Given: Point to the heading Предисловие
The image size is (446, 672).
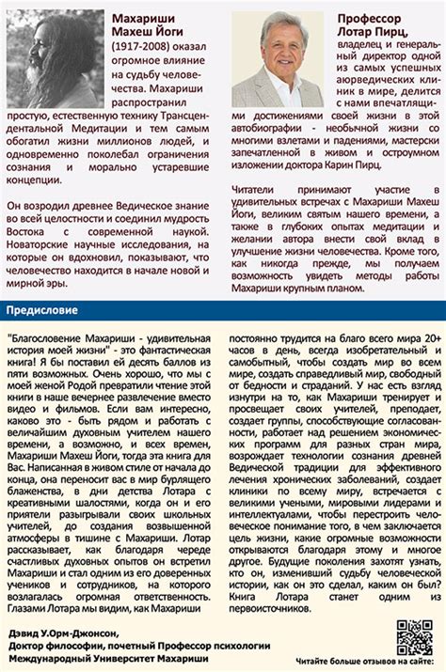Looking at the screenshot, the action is click(x=39, y=309).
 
